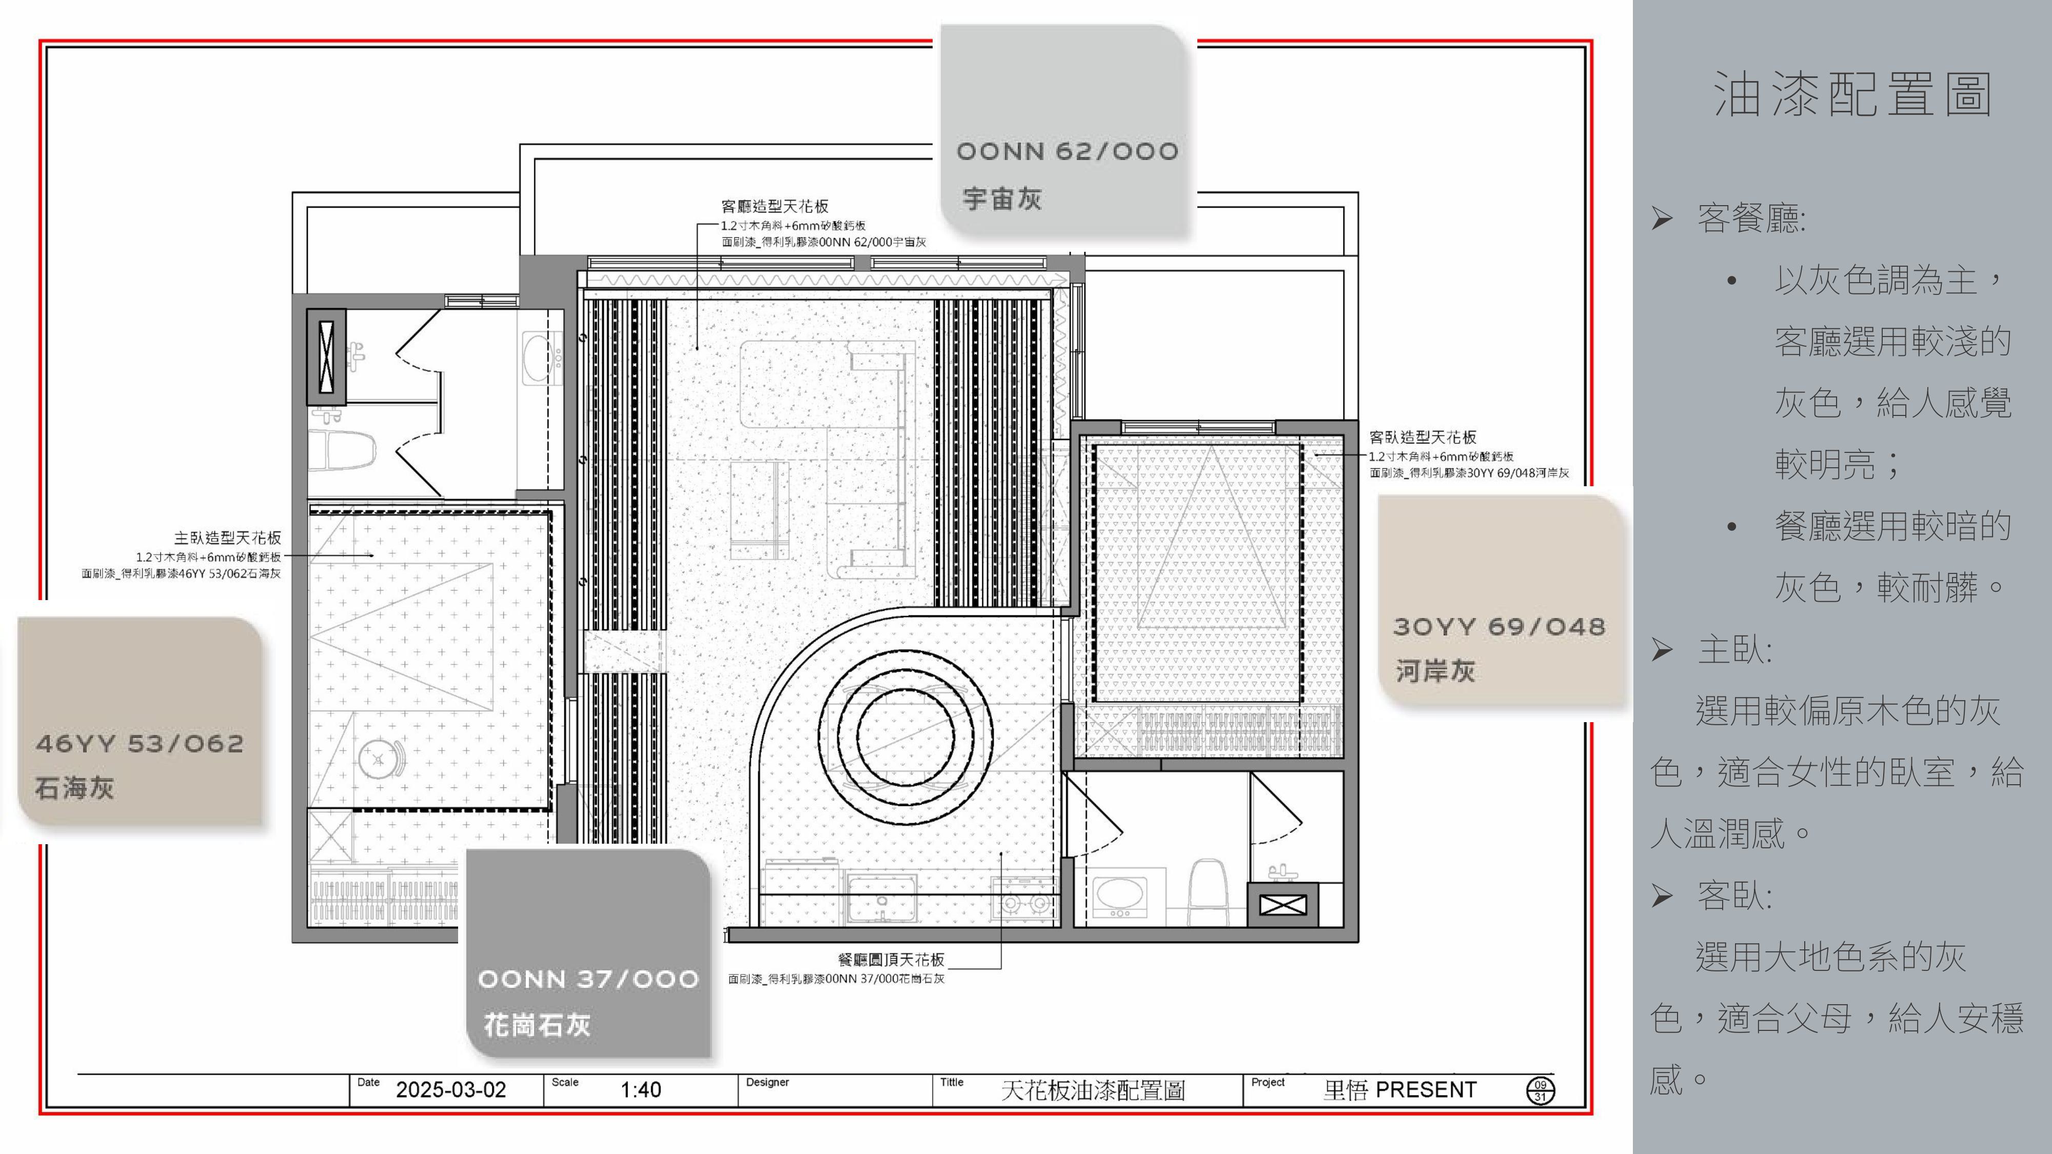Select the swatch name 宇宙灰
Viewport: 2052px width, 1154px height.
tap(1001, 198)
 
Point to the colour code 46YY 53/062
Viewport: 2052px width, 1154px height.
tap(140, 744)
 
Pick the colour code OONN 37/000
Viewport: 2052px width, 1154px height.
tap(588, 979)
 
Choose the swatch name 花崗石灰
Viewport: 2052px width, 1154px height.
tap(537, 1025)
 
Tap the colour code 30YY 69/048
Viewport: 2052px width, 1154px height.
tap(1499, 627)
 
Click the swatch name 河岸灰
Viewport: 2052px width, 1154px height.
tap(1435, 670)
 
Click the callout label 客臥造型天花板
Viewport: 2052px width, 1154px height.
tap(1423, 436)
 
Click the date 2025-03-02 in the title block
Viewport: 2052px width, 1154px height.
tap(451, 1089)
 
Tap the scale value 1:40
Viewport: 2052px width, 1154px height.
tap(640, 1089)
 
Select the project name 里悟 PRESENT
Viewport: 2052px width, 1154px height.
tap(1399, 1089)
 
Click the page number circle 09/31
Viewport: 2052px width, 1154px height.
tap(1540, 1090)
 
